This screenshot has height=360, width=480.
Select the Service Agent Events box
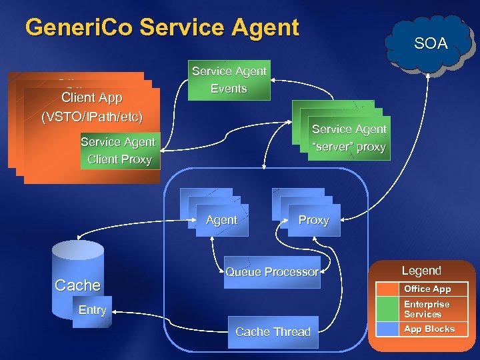point(229,80)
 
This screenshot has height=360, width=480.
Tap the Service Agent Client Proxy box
point(118,151)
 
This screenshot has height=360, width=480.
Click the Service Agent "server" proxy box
point(349,139)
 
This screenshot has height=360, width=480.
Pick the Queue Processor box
point(272,272)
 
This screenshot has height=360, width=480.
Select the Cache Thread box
point(273,331)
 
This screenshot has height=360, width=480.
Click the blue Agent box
point(222,220)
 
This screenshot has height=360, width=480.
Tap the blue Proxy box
point(313,220)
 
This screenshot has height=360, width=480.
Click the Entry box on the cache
point(92,311)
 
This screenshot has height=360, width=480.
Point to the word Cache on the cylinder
point(77,285)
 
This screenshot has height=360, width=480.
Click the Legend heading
point(421,271)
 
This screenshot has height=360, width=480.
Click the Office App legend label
point(427,289)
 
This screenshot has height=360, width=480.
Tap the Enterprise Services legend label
point(427,309)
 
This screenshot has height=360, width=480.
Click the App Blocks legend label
point(429,329)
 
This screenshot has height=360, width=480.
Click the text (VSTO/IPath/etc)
point(91,117)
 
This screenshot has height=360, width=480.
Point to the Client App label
point(91,98)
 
